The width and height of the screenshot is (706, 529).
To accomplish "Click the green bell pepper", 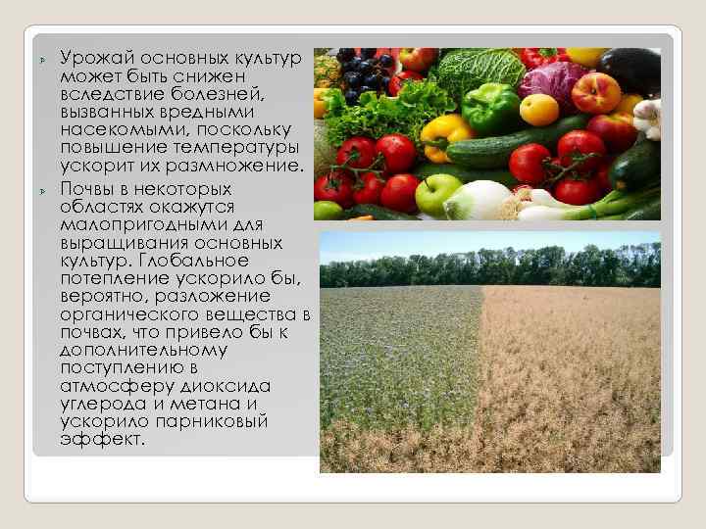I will pyautogui.click(x=489, y=106).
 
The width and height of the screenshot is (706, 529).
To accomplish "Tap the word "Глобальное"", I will pyautogui.click(x=188, y=262).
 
